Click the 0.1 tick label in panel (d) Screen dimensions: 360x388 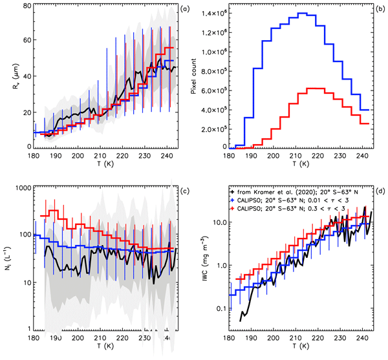point(217,309)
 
